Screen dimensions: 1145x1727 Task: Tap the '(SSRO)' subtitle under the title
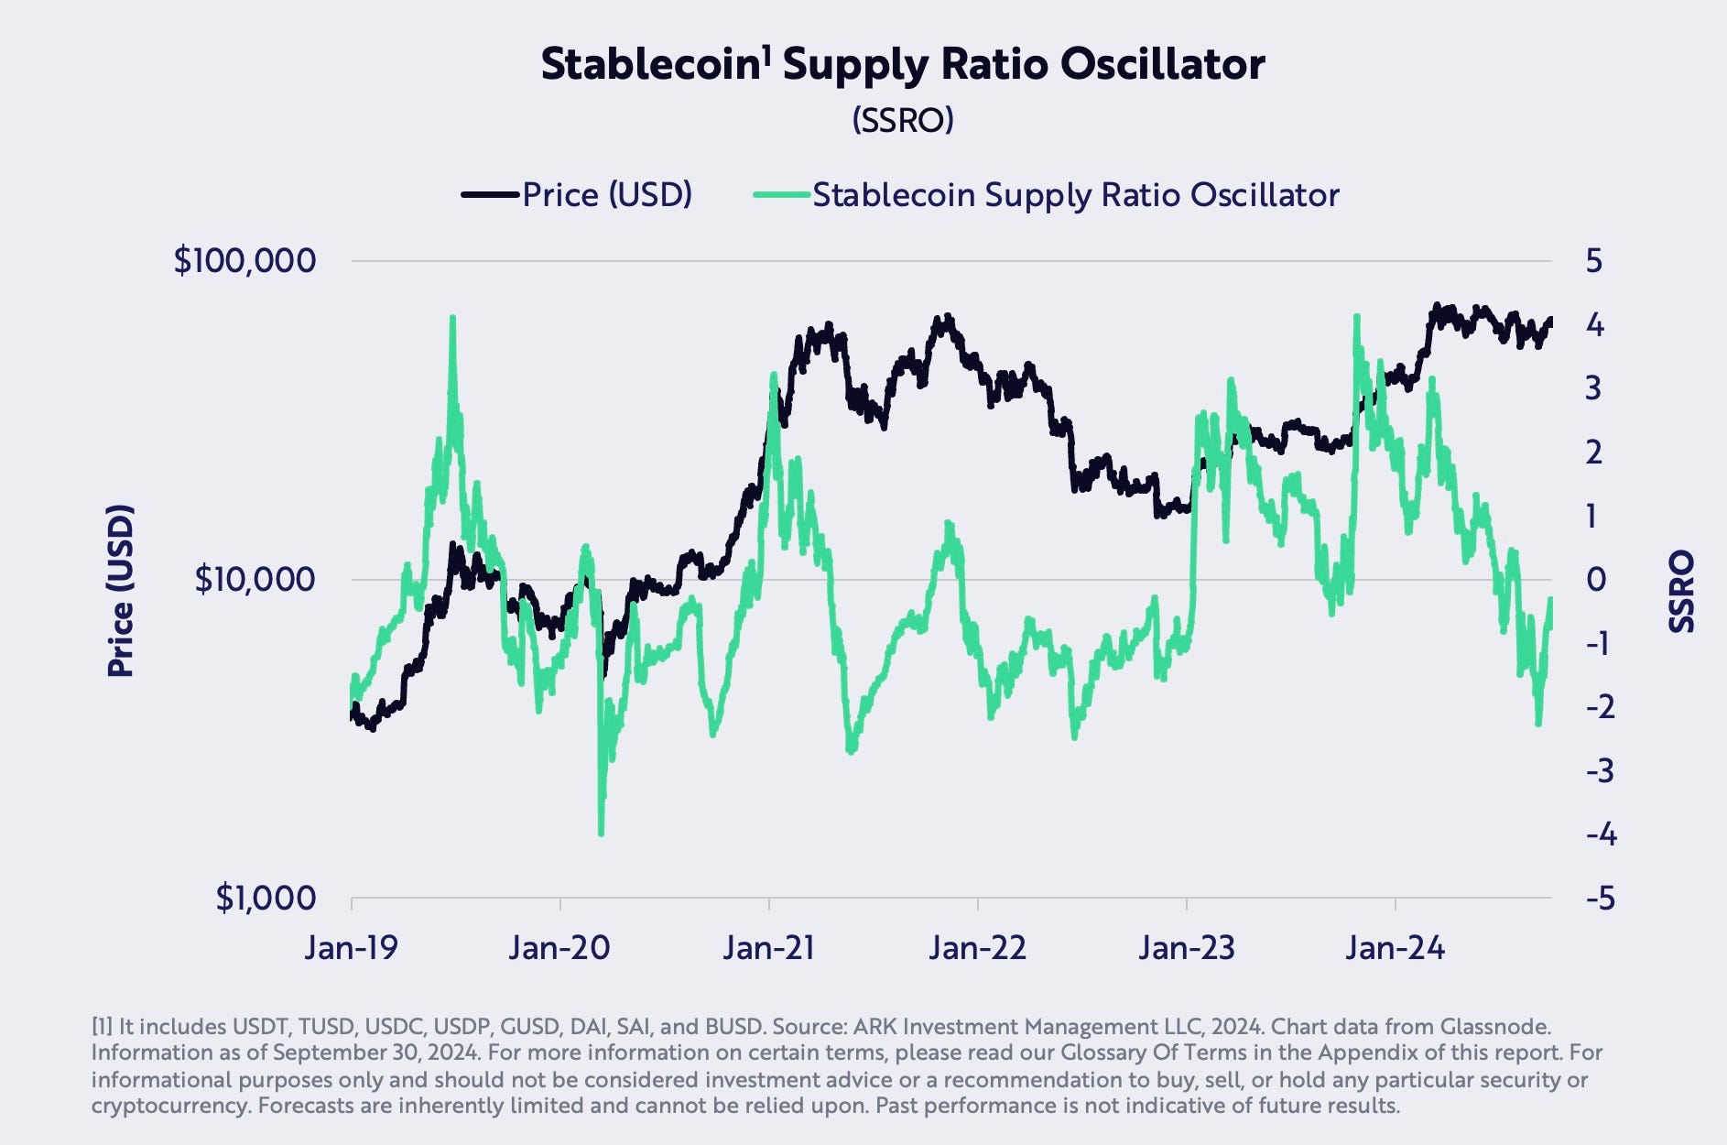[903, 120]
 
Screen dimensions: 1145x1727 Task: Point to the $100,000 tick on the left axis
[244, 261]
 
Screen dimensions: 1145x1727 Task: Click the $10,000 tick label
[255, 579]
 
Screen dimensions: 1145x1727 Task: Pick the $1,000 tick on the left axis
[266, 898]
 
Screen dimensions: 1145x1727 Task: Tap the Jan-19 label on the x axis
[352, 947]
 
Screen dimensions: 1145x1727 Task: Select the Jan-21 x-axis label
[768, 947]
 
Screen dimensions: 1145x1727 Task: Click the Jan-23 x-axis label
[1187, 947]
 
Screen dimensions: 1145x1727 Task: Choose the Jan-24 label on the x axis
[1395, 947]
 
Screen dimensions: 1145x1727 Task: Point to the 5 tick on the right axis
[1594, 261]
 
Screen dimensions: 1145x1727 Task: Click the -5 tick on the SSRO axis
[1601, 898]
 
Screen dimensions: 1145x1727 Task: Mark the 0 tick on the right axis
[1595, 579]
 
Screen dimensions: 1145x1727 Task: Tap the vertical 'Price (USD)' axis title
[120, 591]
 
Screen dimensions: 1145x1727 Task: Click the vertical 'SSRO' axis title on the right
[1682, 591]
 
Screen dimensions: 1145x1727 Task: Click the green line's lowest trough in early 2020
[601, 832]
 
